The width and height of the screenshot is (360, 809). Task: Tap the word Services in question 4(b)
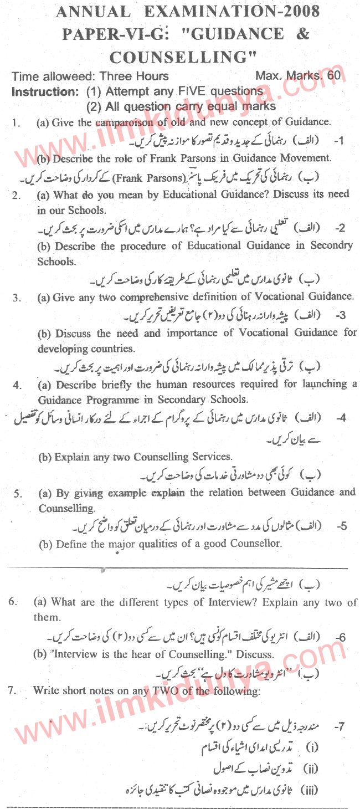[x=204, y=457]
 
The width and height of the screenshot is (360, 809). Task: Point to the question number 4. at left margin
[x=17, y=385]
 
